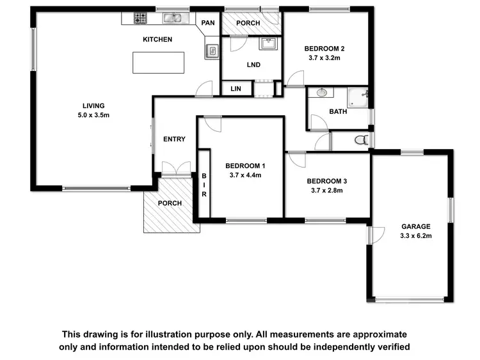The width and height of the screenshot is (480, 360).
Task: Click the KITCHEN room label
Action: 157,40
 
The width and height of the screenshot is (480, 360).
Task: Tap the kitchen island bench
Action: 158,63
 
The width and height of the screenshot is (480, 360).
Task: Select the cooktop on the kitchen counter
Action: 140,19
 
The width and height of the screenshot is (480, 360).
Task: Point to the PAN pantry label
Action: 208,23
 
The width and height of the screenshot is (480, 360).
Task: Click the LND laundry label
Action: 253,65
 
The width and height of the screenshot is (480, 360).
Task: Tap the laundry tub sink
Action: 268,43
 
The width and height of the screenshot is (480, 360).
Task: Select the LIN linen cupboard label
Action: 236,89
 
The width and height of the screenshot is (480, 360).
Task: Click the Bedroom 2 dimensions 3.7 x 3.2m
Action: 324,58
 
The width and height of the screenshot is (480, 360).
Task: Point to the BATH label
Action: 337,112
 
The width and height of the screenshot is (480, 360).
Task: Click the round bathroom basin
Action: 322,93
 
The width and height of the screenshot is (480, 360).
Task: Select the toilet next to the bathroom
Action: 360,139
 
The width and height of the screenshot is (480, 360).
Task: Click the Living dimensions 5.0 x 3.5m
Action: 93,115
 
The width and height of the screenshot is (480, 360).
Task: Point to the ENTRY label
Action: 174,139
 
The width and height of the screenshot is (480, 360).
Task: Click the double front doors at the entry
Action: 176,169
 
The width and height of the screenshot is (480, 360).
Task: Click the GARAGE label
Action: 416,226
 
